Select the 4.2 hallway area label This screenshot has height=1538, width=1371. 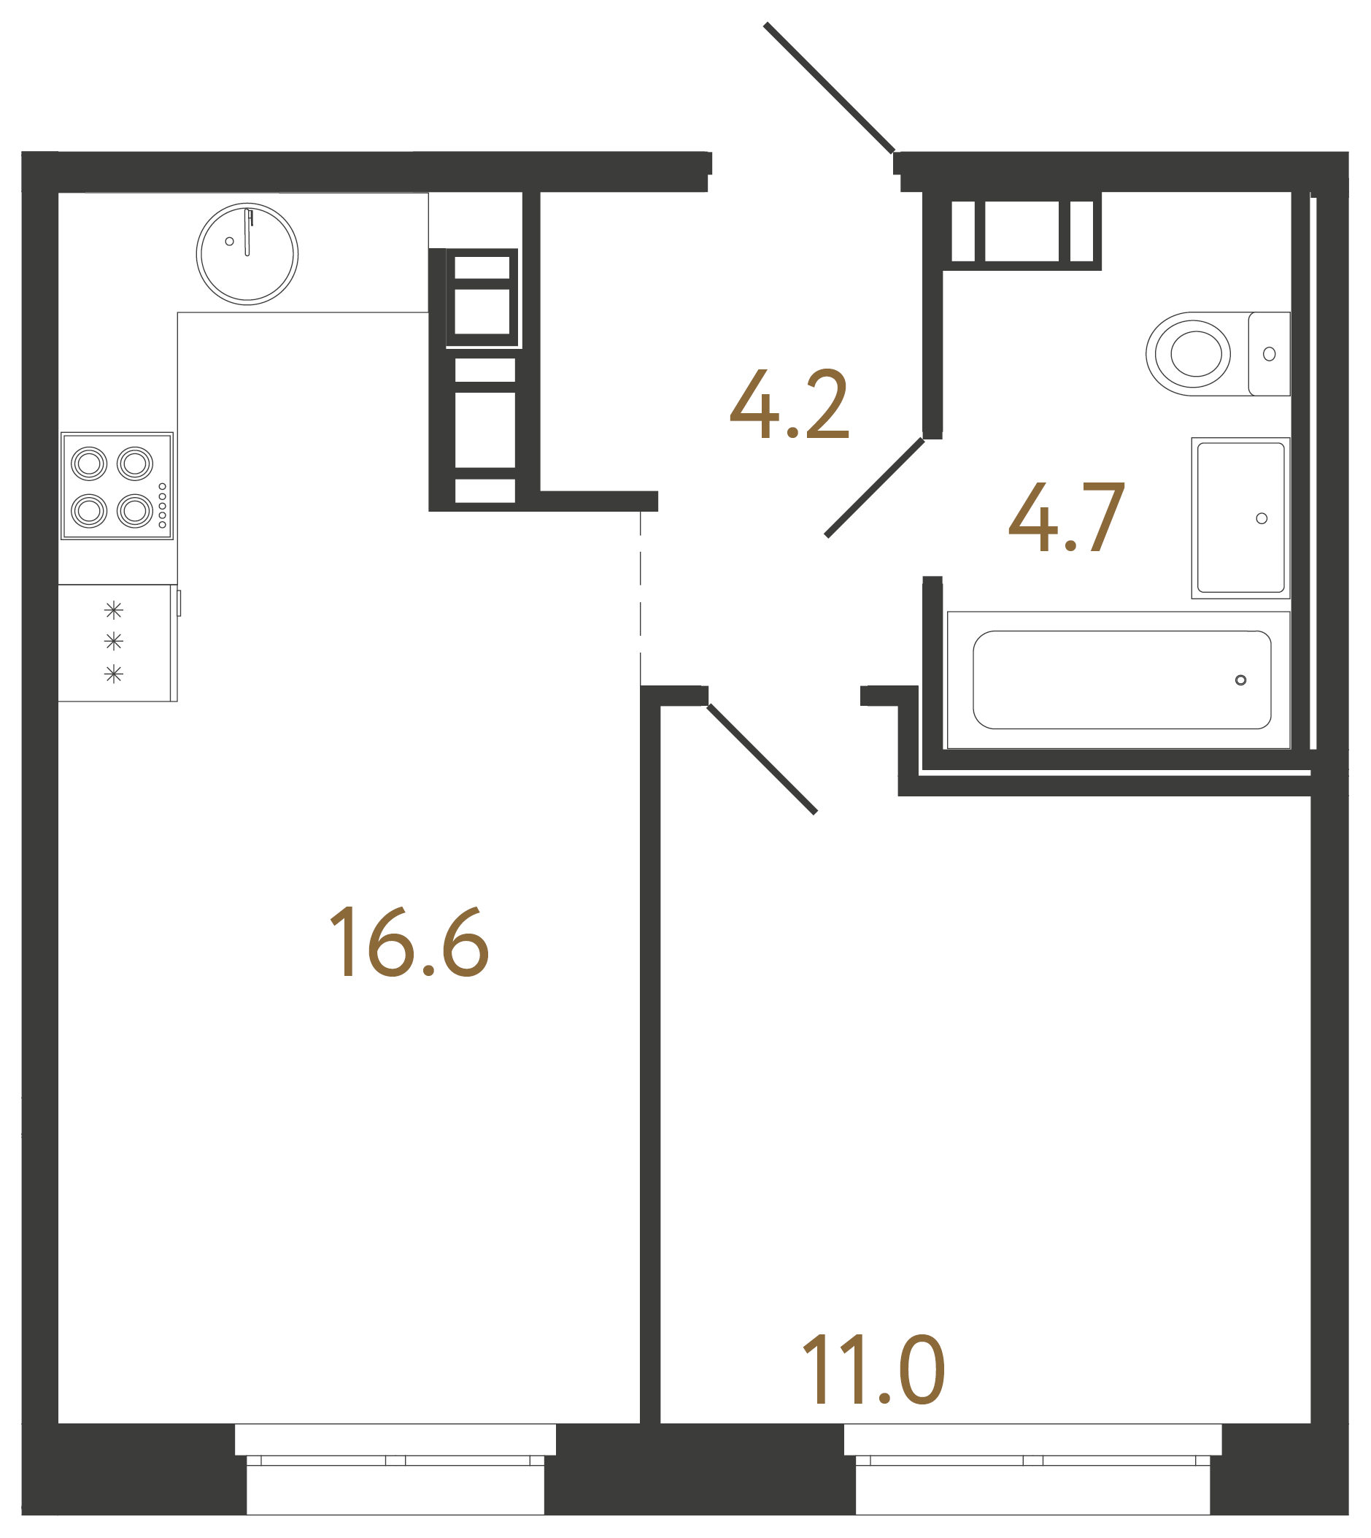pyautogui.click(x=789, y=404)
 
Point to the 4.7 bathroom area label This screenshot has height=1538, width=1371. pyautogui.click(x=1067, y=518)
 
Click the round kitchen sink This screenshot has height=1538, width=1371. pyautogui.click(x=247, y=254)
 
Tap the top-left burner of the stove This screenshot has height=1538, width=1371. pyautogui.click(x=89, y=464)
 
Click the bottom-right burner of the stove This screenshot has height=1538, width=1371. pyautogui.click(x=136, y=511)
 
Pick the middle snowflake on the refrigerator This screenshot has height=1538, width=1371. pyautogui.click(x=114, y=642)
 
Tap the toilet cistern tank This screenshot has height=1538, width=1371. pyautogui.click(x=1270, y=353)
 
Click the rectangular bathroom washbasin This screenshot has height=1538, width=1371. pyautogui.click(x=1240, y=518)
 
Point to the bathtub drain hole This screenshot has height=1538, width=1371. pyautogui.click(x=1240, y=680)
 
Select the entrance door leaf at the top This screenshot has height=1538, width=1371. pyautogui.click(x=829, y=88)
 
